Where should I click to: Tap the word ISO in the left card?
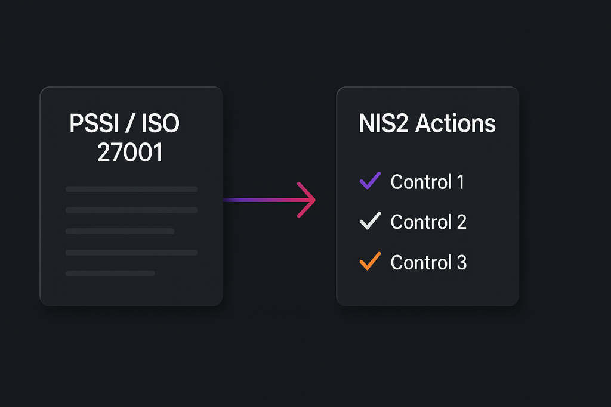coord(161,124)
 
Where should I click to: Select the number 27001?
coord(129,153)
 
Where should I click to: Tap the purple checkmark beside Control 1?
coord(370,181)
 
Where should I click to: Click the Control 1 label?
coord(427,182)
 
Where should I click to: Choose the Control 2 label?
coord(428,222)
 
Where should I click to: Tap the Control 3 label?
coord(428,262)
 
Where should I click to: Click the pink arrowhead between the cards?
coord(305,200)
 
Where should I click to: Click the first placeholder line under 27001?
coord(131,189)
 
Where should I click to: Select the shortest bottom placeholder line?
coord(110,274)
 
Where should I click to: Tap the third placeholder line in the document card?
coord(120,231)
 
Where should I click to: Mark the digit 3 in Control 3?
coord(462,262)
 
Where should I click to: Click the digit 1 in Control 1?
coord(460,182)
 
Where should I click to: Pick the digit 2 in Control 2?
coord(461,222)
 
